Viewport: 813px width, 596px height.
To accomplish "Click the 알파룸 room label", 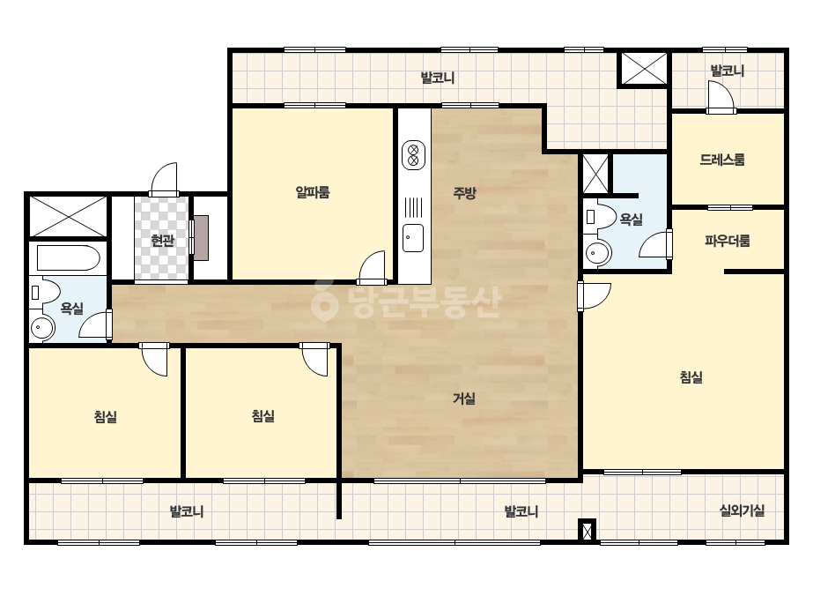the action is (313, 192).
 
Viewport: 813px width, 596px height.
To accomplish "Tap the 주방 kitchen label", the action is (464, 193).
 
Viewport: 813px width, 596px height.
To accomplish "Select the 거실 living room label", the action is (464, 399).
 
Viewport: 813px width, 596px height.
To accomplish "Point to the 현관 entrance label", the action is (162, 241).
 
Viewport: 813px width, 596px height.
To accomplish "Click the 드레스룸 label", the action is (722, 160).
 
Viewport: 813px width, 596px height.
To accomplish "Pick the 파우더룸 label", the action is (728, 241).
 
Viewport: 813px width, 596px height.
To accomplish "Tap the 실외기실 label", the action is (742, 510).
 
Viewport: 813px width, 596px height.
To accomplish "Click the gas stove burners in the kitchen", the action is (413, 154).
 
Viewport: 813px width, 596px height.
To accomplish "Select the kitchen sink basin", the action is (413, 238).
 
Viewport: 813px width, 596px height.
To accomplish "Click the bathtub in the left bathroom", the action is (69, 258).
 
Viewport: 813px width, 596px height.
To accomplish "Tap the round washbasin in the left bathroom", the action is (42, 328).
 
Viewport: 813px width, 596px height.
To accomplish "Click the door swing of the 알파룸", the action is (373, 267).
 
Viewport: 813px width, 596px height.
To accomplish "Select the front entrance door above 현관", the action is (164, 179).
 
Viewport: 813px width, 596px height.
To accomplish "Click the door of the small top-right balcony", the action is (721, 97).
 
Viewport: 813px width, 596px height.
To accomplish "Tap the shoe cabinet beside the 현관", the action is (201, 238).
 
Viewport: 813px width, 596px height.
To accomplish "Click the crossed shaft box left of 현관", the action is (68, 216).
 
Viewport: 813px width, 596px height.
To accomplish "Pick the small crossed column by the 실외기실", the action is (587, 531).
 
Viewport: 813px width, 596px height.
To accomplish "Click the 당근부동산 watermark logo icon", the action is (324, 301).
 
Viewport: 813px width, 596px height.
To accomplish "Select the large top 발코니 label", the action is (438, 78).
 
